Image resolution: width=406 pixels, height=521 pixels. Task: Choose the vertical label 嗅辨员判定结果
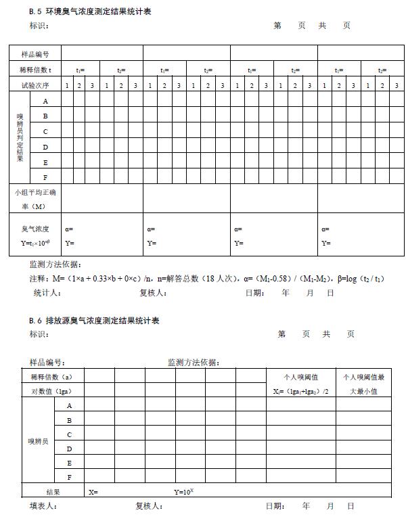pyautogui.click(x=20, y=139)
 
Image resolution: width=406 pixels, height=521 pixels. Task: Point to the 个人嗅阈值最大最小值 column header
pyautogui.click(x=363, y=384)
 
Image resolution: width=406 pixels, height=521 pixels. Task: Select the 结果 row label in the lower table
pyautogui.click(x=53, y=492)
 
